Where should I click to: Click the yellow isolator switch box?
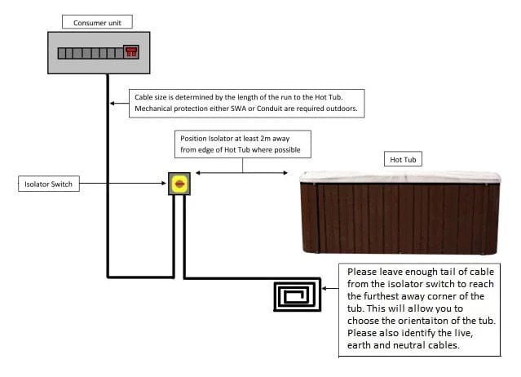179,184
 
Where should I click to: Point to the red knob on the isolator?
179,184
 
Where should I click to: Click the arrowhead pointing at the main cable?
114,103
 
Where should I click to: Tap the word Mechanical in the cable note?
155,108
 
